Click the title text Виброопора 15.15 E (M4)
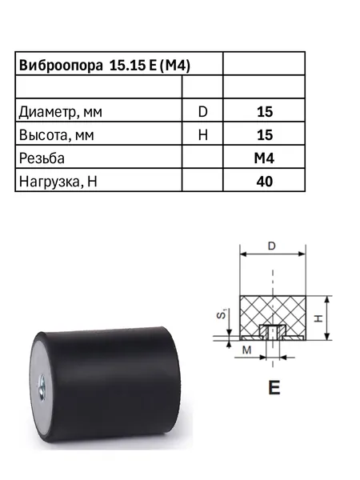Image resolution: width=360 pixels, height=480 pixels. (104, 66)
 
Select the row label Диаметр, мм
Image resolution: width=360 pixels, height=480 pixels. (60, 112)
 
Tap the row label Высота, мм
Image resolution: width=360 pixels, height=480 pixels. (56, 135)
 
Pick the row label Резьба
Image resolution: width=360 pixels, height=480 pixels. (42, 158)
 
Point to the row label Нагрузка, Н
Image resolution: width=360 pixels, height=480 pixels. (58, 182)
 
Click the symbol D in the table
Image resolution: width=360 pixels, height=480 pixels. (202, 112)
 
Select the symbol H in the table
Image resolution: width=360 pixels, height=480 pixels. (202, 135)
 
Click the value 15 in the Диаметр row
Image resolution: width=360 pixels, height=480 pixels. (265, 112)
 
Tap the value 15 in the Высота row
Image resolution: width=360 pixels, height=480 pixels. (265, 135)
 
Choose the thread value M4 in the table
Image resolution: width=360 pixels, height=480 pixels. (264, 158)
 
